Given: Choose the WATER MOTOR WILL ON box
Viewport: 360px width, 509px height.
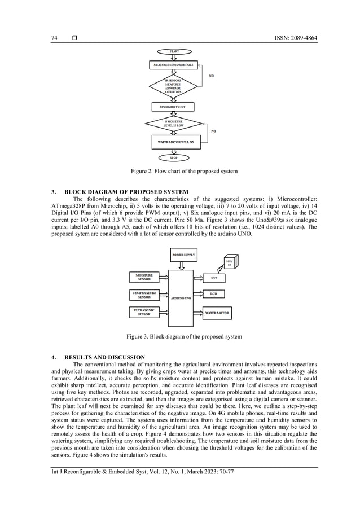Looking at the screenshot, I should click(x=175, y=142).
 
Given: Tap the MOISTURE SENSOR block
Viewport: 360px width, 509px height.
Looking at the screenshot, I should click(x=144, y=277).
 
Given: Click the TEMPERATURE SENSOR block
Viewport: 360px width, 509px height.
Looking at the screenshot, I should click(x=144, y=295).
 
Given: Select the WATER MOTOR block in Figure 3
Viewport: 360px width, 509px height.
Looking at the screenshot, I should click(x=217, y=312).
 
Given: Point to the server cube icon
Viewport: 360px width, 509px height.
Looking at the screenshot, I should click(x=229, y=264).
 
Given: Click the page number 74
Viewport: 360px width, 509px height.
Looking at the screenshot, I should click(x=54, y=38).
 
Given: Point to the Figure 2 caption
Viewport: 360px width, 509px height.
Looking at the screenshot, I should click(x=180, y=171).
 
